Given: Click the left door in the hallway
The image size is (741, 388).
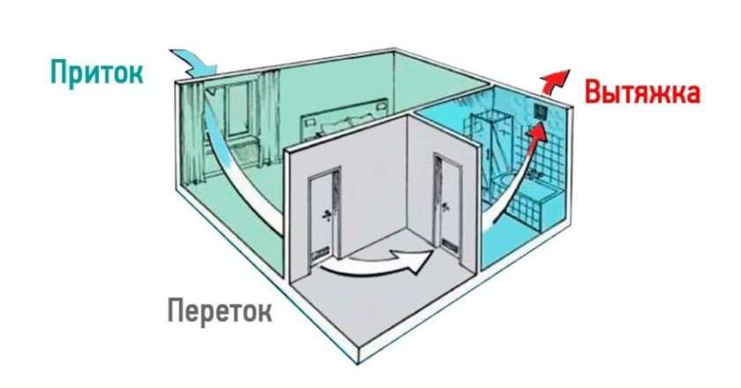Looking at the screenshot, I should click(319, 215).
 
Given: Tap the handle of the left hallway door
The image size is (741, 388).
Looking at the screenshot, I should click(327, 215).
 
